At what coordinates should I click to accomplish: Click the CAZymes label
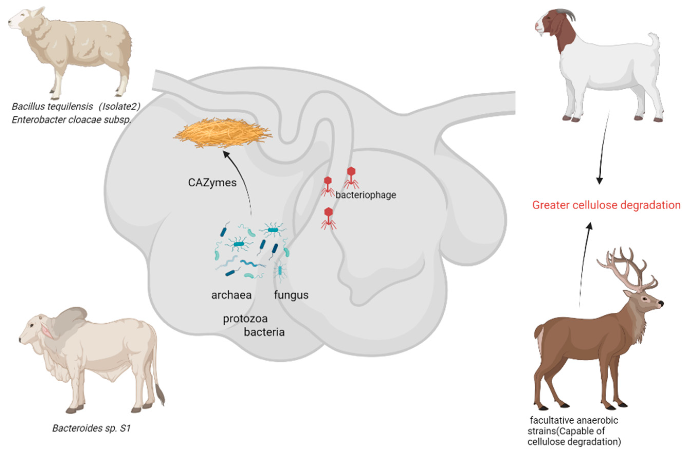212,183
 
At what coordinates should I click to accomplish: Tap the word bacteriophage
365,195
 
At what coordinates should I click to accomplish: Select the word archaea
231,295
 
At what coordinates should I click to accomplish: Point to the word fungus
291,295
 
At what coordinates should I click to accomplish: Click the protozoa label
245,319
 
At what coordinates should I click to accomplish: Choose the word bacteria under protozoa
264,332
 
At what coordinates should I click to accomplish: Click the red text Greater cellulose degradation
606,205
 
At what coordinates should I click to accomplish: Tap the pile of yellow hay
222,133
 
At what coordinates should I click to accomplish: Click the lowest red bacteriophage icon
328,218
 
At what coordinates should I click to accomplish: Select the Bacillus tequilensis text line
76,106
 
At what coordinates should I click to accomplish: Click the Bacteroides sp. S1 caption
91,428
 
